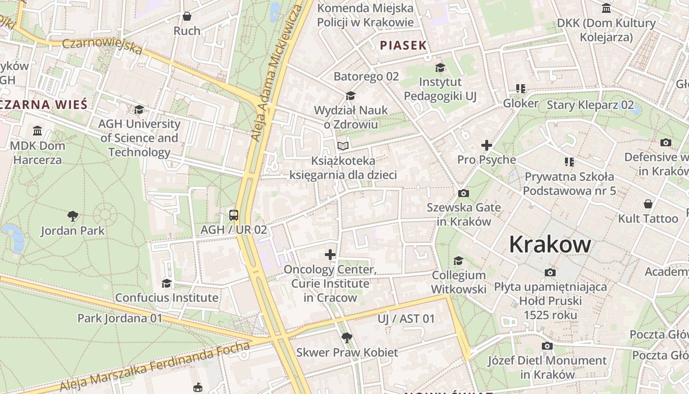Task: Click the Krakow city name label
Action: pyautogui.click(x=550, y=244)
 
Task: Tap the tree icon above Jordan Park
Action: pyautogui.click(x=73, y=216)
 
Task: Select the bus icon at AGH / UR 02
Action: pyautogui.click(x=234, y=215)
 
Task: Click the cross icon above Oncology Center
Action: pyautogui.click(x=330, y=255)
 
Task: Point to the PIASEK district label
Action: pyautogui.click(x=403, y=46)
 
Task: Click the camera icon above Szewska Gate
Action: pyautogui.click(x=463, y=193)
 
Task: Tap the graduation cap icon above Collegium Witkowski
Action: pyautogui.click(x=459, y=261)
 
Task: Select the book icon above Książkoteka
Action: pyautogui.click(x=343, y=146)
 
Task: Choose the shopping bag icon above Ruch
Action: pyautogui.click(x=187, y=16)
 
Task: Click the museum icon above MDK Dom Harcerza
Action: pyautogui.click(x=37, y=131)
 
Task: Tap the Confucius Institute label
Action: pyautogui.click(x=167, y=297)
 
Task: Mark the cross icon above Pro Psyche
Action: pyautogui.click(x=487, y=145)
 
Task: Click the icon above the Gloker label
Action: pyautogui.click(x=521, y=89)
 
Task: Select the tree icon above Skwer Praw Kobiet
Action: pyautogui.click(x=347, y=337)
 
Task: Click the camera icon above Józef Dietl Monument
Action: pyautogui.click(x=547, y=346)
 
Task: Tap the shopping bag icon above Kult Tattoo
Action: pyautogui.click(x=648, y=204)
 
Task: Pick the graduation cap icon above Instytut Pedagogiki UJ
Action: pyautogui.click(x=440, y=67)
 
